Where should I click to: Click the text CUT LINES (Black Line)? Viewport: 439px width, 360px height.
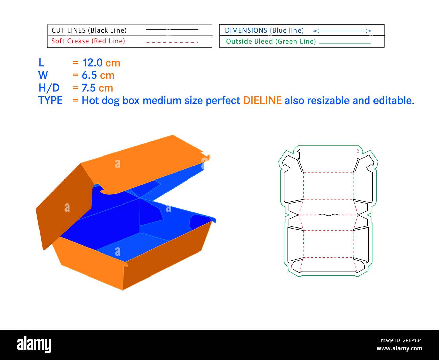(89, 30)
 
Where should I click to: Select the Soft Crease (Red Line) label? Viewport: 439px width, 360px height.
(88, 41)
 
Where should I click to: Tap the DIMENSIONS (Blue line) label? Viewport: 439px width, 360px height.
(264, 31)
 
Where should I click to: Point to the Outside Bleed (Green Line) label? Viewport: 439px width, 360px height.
(271, 41)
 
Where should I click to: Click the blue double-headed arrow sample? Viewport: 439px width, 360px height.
(342, 31)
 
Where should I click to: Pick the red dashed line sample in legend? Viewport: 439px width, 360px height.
(172, 42)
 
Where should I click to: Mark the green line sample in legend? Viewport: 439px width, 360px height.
(345, 43)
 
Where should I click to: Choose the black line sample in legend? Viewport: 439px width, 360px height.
(172, 30)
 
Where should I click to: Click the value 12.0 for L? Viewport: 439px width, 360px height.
(93, 63)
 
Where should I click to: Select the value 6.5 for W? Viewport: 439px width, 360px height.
(89, 75)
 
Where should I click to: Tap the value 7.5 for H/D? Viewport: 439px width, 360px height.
(88, 88)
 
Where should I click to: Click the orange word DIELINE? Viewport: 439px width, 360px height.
(262, 100)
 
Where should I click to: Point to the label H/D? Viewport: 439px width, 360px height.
(49, 88)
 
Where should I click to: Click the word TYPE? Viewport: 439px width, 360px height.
(50, 100)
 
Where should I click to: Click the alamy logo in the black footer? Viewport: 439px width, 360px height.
(34, 344)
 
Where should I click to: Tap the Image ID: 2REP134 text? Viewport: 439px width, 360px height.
(400, 340)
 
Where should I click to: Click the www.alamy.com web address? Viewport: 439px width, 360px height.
(399, 348)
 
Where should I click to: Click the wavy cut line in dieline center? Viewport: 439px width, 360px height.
(329, 215)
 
